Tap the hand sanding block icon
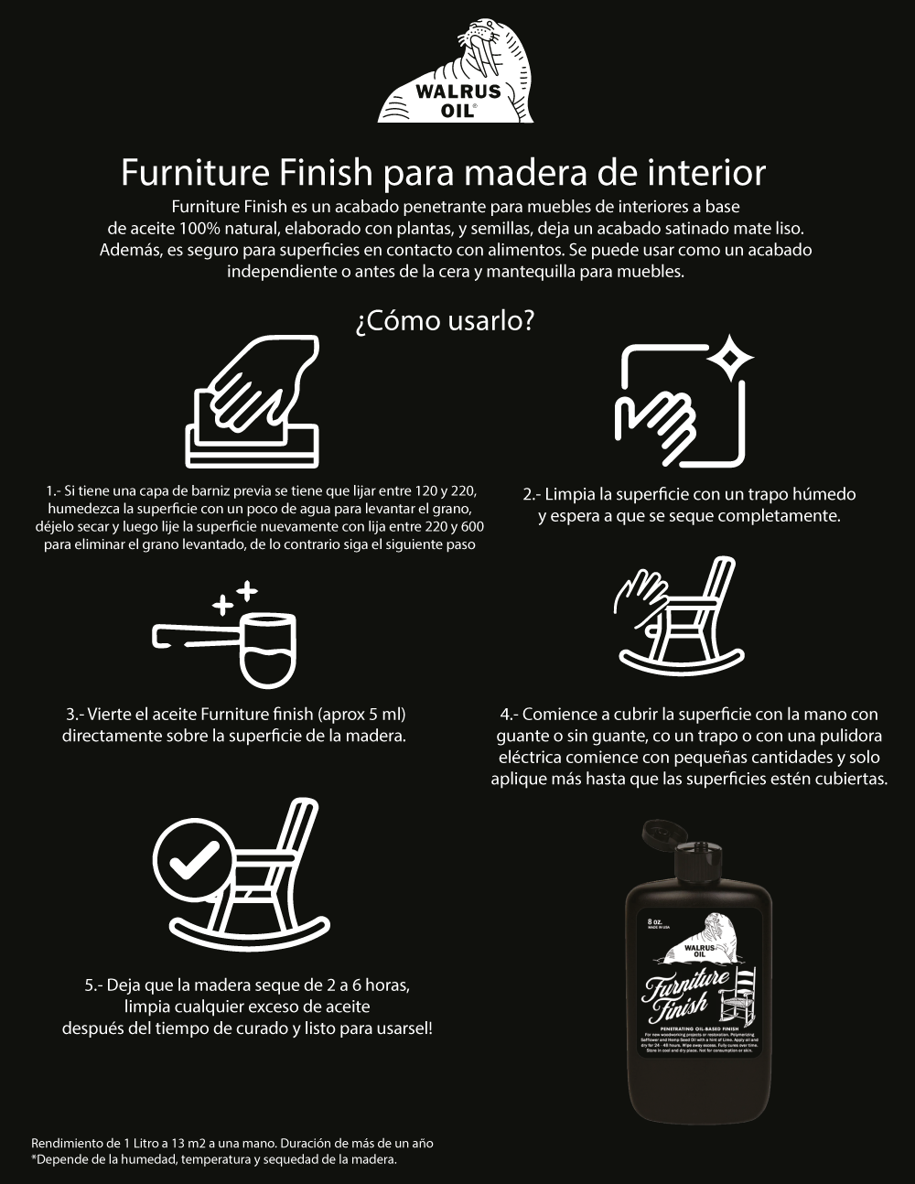pyautogui.click(x=254, y=403)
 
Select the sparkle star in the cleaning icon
pyautogui.click(x=728, y=360)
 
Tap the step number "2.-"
pyautogui.click(x=533, y=494)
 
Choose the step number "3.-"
pyautogui.click(x=76, y=714)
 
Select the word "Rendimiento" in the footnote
pyautogui.click(x=66, y=1143)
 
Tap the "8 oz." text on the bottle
pyautogui.click(x=653, y=920)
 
